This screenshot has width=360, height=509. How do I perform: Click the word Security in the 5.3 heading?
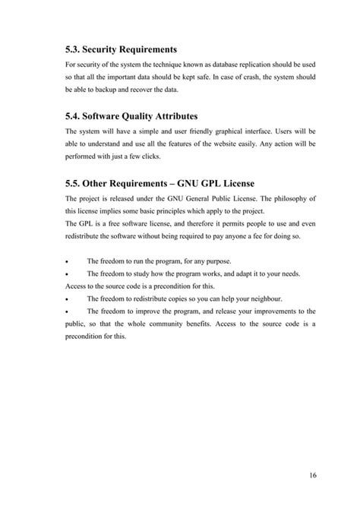tap(103, 49)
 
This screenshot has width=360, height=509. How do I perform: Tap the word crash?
tap(232, 77)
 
